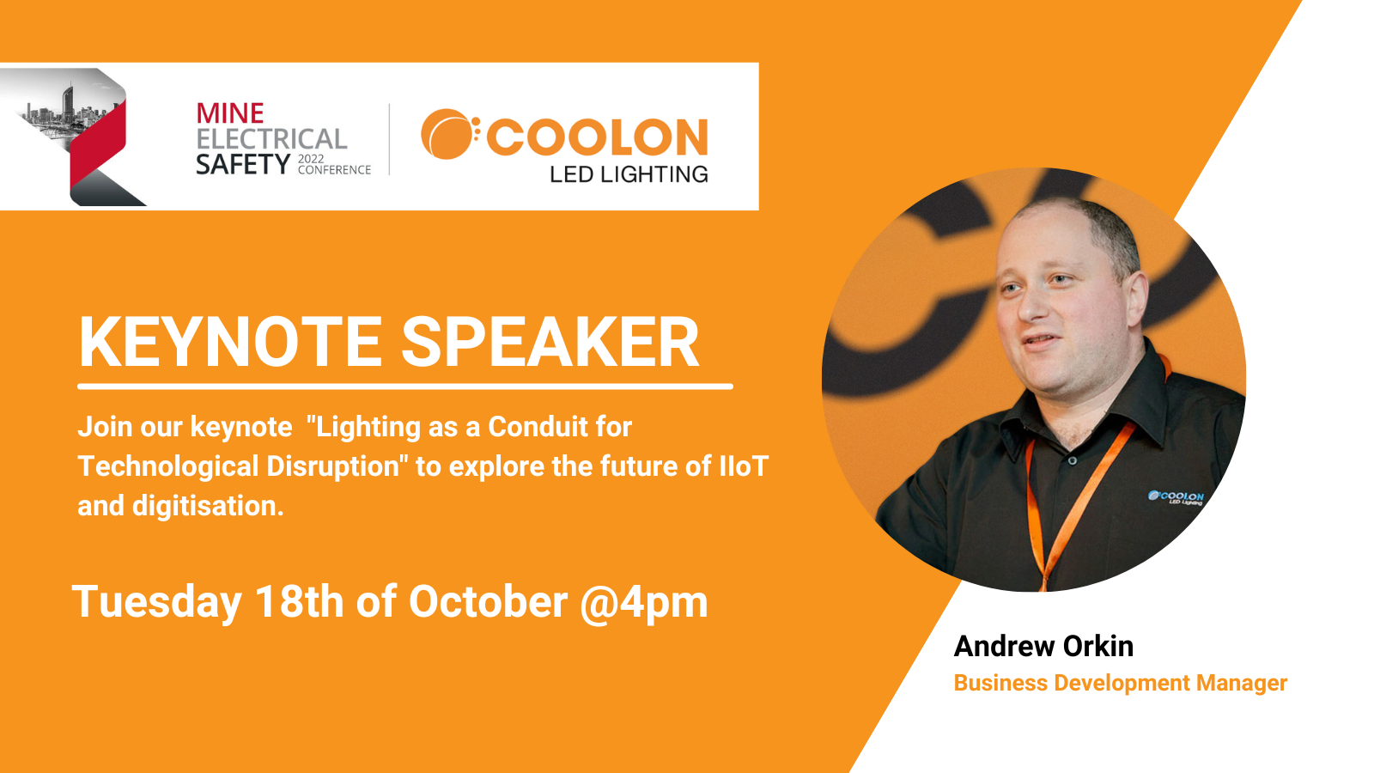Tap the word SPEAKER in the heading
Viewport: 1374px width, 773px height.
[550, 342]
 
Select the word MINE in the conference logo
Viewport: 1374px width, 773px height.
[230, 113]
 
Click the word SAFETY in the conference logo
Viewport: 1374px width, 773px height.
[243, 164]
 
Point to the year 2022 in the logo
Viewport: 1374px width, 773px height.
[311, 160]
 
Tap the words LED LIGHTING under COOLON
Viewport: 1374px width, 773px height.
[629, 174]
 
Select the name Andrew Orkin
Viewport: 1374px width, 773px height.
[1043, 646]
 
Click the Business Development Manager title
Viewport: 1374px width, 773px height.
[1120, 683]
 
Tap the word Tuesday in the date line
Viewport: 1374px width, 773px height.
[157, 602]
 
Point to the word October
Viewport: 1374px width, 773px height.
[489, 601]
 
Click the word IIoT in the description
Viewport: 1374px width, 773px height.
[744, 466]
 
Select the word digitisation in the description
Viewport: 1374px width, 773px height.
[208, 506]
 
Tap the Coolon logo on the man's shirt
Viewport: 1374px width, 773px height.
[1176, 497]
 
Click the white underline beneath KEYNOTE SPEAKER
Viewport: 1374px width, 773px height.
[405, 386]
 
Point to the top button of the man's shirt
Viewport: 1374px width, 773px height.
[1072, 460]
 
